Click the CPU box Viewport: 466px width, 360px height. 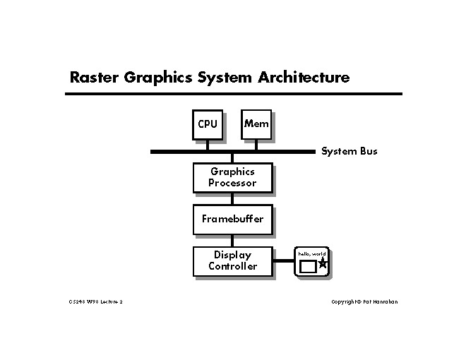tap(208, 124)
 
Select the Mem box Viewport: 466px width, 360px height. tap(256, 124)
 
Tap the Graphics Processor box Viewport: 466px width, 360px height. tap(232, 177)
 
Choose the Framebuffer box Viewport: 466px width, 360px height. tap(232, 219)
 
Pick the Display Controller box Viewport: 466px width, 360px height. tap(232, 260)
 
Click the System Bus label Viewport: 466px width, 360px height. tap(349, 151)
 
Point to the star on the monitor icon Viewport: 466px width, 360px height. tap(323, 264)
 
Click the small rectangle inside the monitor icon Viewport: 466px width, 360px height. tap(308, 267)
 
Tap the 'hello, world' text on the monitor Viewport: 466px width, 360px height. tap(311, 253)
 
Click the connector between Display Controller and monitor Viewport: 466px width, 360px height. tap(283, 261)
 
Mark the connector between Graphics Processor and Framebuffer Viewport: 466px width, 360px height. tap(232, 198)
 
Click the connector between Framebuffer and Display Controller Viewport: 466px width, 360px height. tap(232, 240)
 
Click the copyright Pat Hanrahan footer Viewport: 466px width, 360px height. tap(364, 301)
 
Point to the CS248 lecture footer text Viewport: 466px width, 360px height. tap(96, 301)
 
